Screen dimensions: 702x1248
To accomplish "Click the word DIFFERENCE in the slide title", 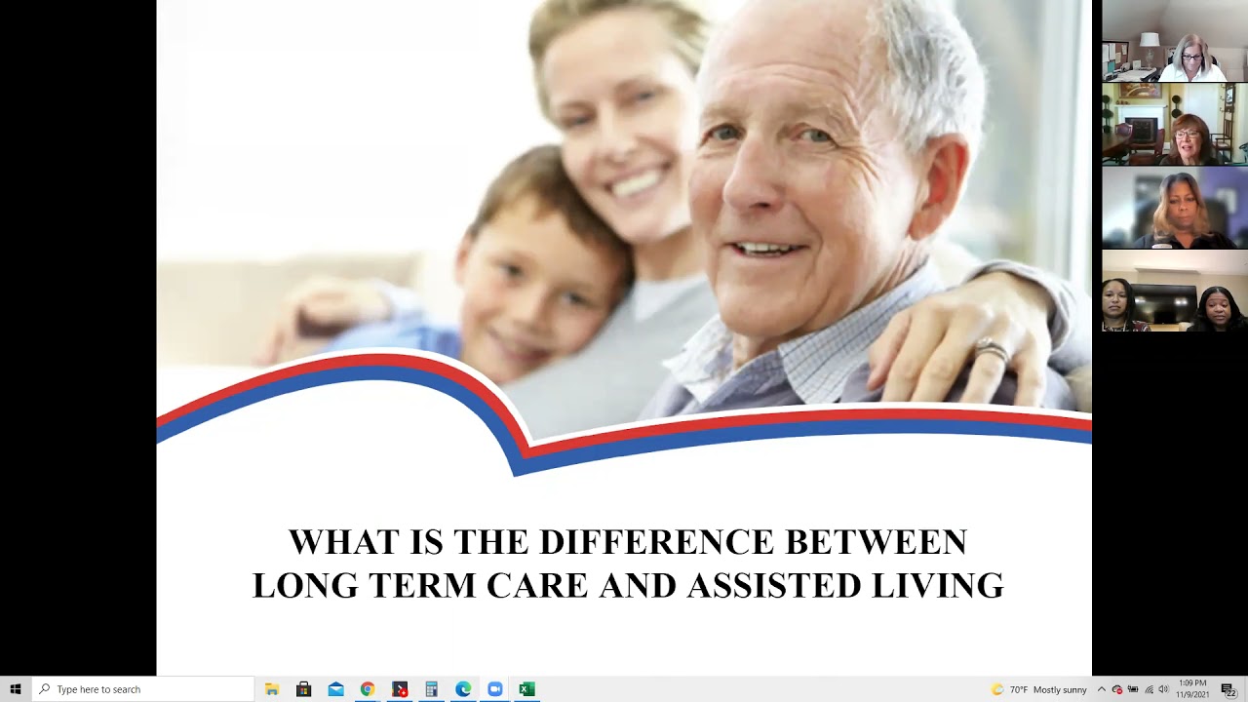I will (656, 542).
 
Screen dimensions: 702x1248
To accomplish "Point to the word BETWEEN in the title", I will (876, 542).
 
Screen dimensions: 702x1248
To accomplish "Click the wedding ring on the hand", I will (991, 350).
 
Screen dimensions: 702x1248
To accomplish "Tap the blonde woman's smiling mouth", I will (635, 183).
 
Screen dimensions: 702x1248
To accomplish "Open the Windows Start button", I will (15, 689).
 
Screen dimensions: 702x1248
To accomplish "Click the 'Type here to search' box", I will (146, 689).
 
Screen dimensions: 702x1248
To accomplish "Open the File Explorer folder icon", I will (272, 689).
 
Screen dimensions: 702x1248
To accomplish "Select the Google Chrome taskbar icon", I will (368, 689).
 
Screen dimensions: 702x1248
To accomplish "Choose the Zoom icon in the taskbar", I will (494, 689).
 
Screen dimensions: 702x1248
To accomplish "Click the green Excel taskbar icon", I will (526, 689).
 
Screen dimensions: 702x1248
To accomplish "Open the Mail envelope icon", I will (335, 689).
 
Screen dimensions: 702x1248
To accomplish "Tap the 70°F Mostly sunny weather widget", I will (1039, 689).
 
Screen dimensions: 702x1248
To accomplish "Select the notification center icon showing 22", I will (1228, 689).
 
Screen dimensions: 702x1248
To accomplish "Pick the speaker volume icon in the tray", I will (1163, 689).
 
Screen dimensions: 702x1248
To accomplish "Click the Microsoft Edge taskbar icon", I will (463, 689).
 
